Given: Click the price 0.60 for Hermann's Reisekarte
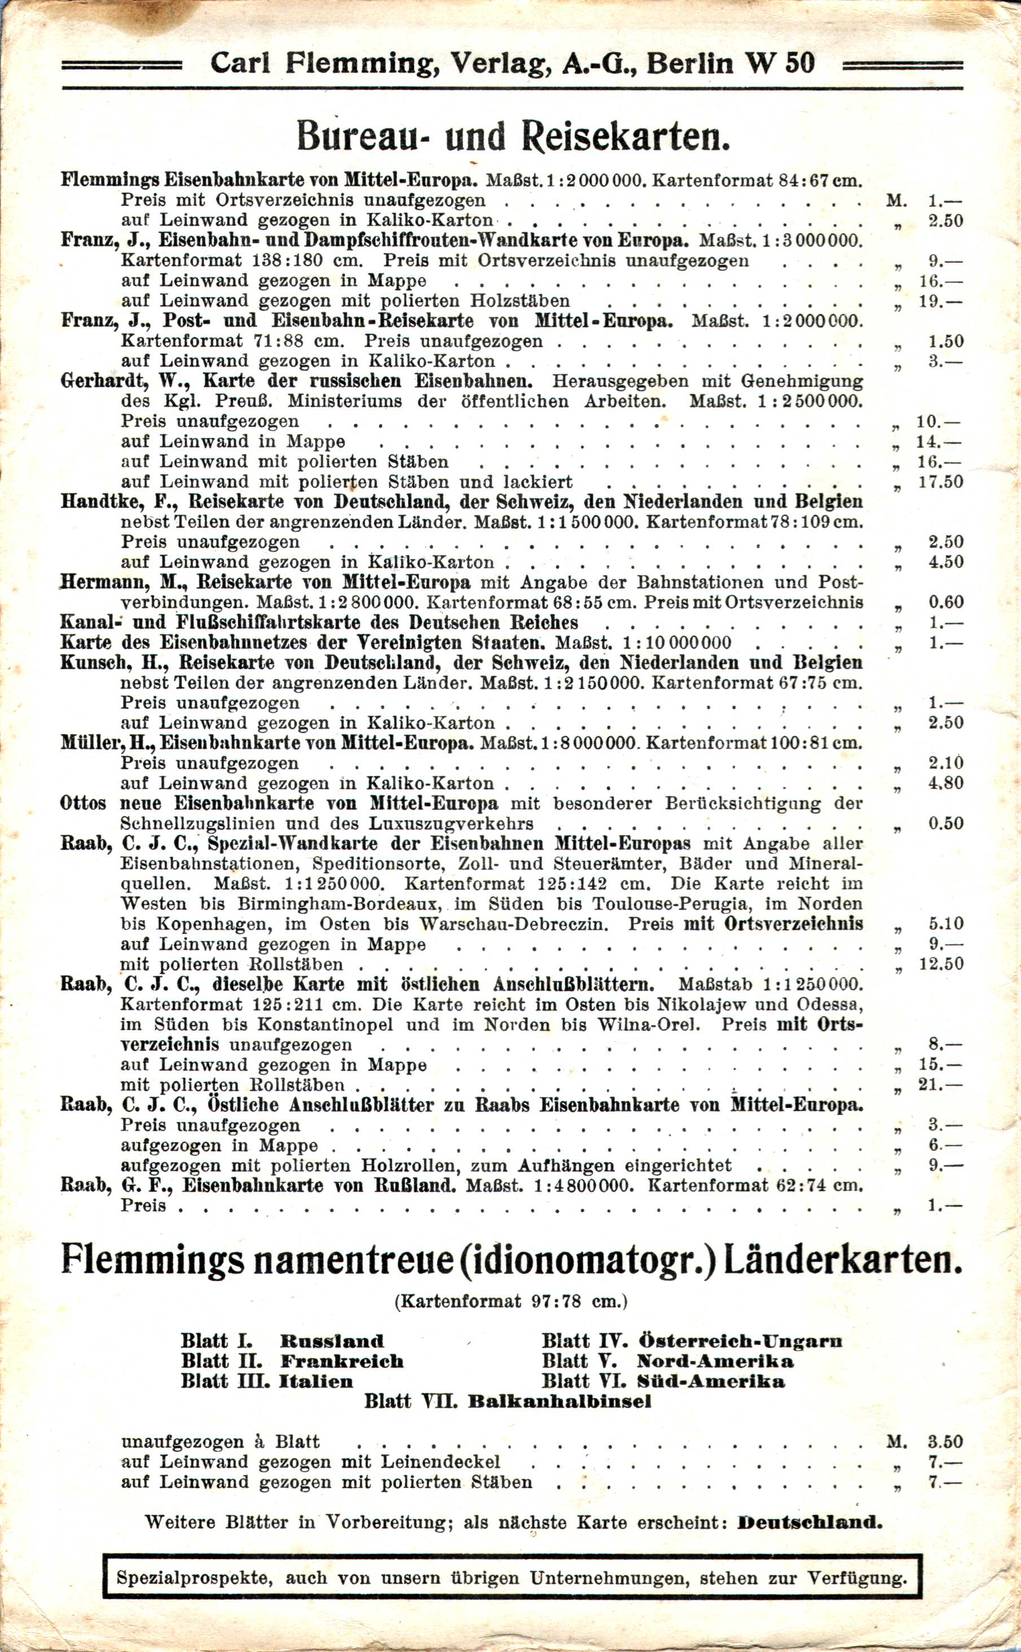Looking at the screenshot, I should (x=945, y=602).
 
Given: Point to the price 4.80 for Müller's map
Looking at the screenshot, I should (x=945, y=784).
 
